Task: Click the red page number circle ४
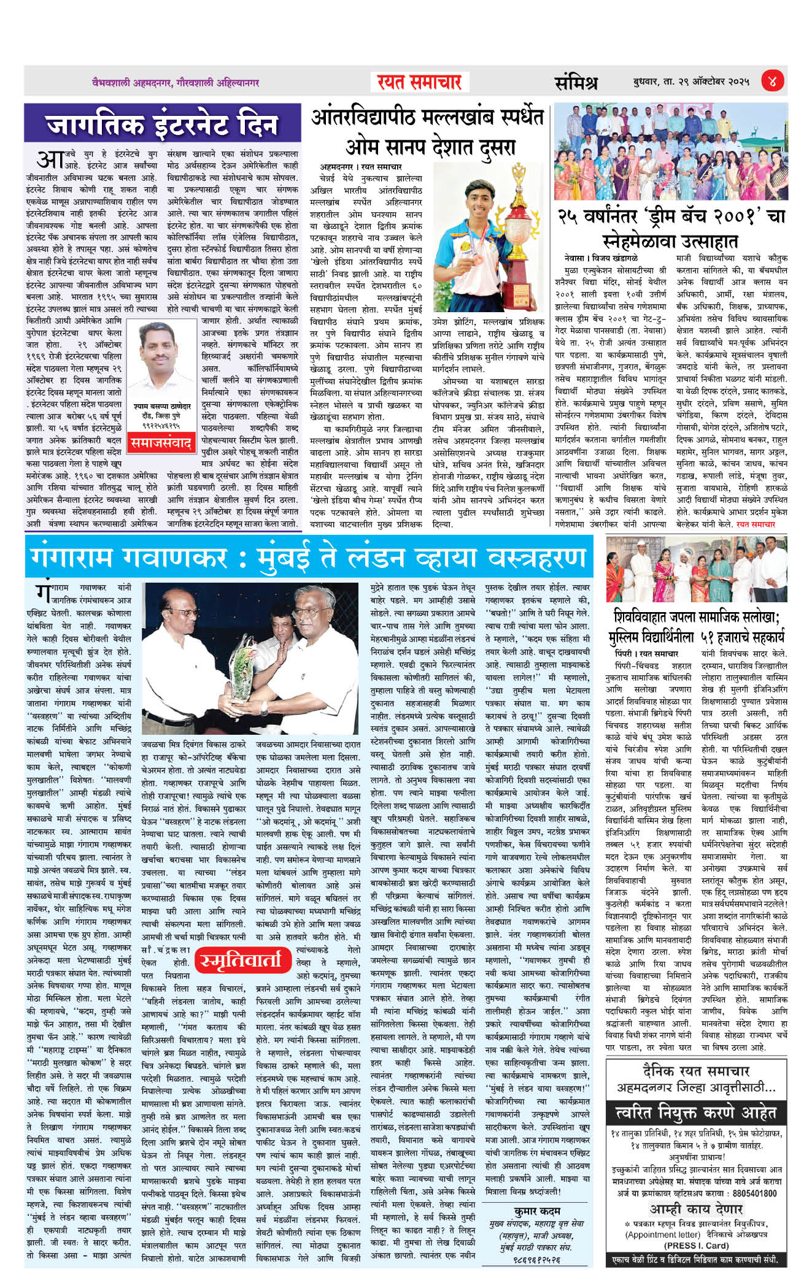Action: [x=772, y=81]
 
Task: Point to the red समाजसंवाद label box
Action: [x=161, y=441]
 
